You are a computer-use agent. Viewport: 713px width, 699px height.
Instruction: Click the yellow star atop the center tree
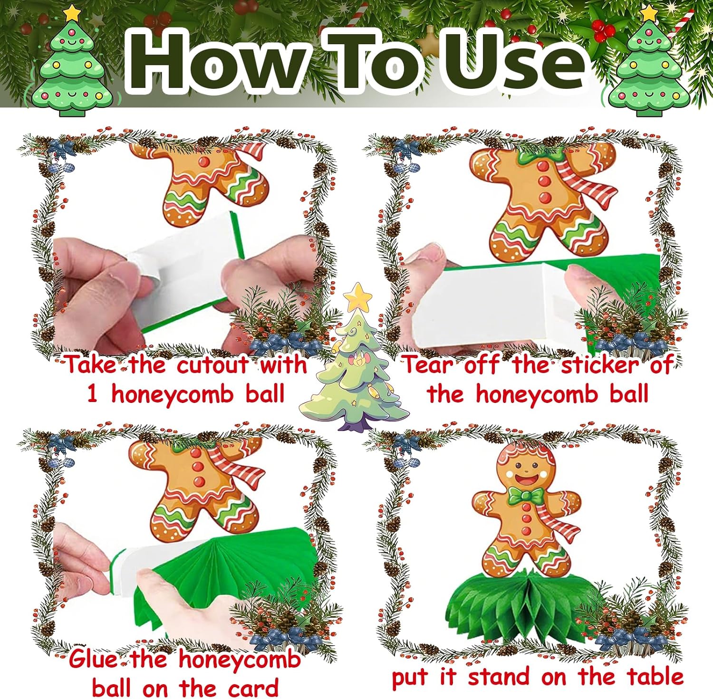358,297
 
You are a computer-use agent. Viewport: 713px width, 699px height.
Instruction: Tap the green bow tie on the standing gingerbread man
525,496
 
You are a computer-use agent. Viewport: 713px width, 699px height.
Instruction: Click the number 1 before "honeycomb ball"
92,394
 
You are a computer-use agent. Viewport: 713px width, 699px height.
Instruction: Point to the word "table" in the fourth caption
655,676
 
